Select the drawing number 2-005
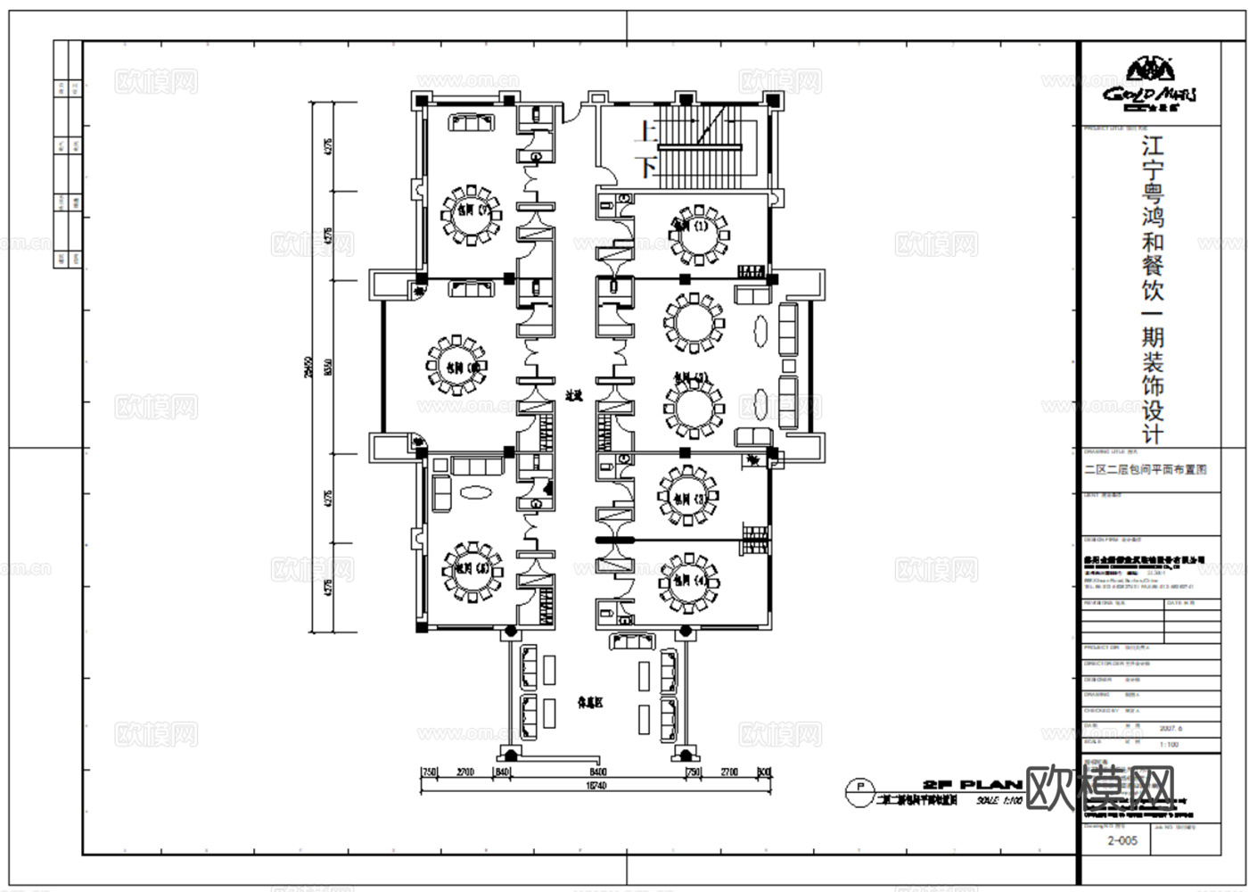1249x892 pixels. [x=1122, y=840]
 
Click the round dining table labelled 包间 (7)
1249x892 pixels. [x=471, y=214]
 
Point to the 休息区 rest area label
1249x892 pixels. [x=589, y=703]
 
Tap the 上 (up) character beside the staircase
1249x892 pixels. [x=646, y=133]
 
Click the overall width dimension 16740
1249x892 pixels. [x=596, y=786]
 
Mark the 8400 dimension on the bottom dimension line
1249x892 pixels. [x=597, y=772]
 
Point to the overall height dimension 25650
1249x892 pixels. [x=306, y=366]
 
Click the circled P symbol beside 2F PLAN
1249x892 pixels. [x=859, y=788]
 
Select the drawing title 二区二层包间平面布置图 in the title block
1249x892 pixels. [x=1145, y=469]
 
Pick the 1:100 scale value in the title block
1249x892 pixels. [x=1168, y=744]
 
